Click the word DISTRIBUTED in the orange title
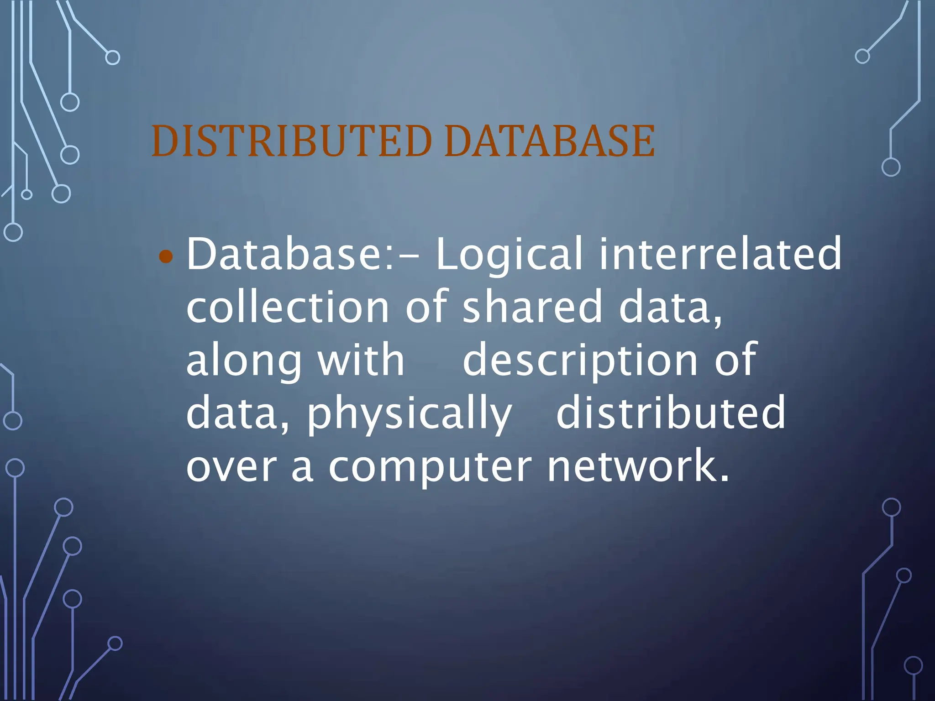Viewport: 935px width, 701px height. click(x=291, y=141)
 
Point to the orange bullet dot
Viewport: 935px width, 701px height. click(x=166, y=257)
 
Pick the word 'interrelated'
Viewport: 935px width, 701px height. click(x=720, y=254)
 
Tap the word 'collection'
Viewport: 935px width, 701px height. click(x=288, y=307)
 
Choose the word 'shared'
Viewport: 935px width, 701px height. click(x=532, y=307)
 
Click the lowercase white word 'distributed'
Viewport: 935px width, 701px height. click(x=671, y=413)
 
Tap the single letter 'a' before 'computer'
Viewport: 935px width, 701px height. click(x=302, y=468)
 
